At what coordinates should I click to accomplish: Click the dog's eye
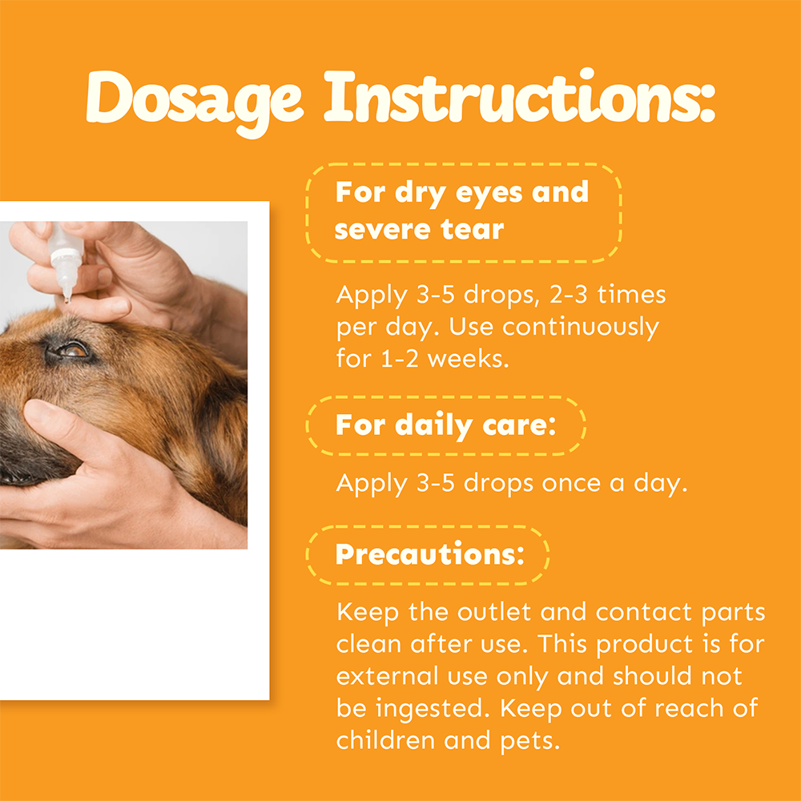click(x=73, y=351)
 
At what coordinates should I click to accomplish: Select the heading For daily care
click(x=445, y=425)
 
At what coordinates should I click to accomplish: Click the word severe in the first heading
click(x=382, y=229)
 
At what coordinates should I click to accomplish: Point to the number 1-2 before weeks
click(x=400, y=359)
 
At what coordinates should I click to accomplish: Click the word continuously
click(x=580, y=328)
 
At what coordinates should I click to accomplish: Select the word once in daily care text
click(x=571, y=484)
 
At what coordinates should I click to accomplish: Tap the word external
click(x=387, y=676)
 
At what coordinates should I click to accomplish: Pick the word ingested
click(x=429, y=710)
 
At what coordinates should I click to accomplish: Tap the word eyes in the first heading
click(x=489, y=194)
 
